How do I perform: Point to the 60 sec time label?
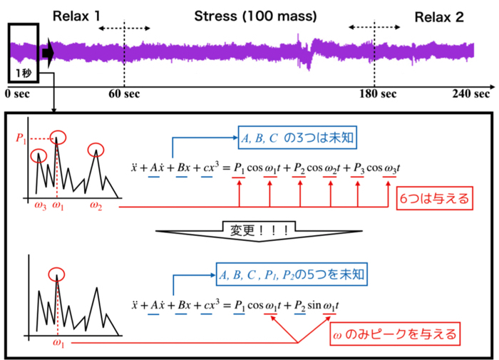(x=124, y=93)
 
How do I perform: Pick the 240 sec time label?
(x=471, y=93)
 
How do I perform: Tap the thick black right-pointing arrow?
(x=47, y=52)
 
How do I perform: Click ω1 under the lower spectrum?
(x=58, y=344)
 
